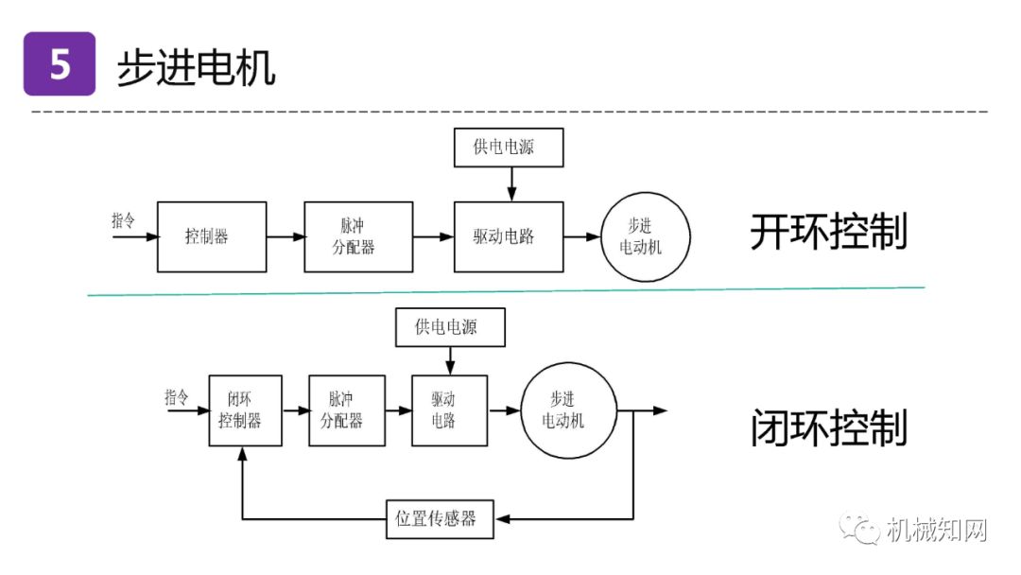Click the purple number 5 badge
pyautogui.click(x=60, y=64)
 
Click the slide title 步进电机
pyautogui.click(x=196, y=67)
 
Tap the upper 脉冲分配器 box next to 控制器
pyautogui.click(x=358, y=236)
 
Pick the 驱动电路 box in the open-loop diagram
pyautogui.click(x=508, y=236)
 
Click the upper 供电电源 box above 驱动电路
pyautogui.click(x=508, y=148)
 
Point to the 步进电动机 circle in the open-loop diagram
pyautogui.click(x=647, y=236)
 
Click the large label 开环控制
pyautogui.click(x=829, y=233)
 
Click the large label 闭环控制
pyautogui.click(x=829, y=428)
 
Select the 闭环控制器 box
pyautogui.click(x=245, y=410)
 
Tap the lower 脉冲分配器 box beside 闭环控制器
pyautogui.click(x=347, y=410)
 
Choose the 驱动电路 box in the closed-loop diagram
pyautogui.click(x=449, y=410)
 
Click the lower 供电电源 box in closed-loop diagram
pyautogui.click(x=449, y=327)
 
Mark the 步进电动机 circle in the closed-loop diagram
pyautogui.click(x=568, y=410)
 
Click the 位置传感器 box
pyautogui.click(x=440, y=519)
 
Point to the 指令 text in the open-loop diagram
pyautogui.click(x=124, y=219)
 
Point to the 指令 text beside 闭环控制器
pyautogui.click(x=177, y=395)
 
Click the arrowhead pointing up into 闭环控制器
pyautogui.click(x=244, y=455)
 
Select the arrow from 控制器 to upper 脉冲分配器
pyautogui.click(x=285, y=236)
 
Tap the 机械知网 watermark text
pyautogui.click(x=936, y=530)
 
